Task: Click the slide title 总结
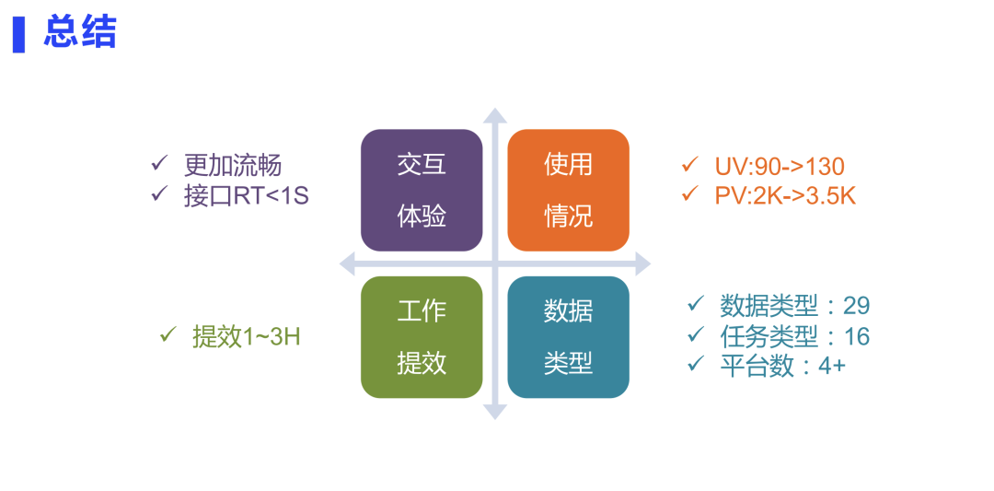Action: point(80,32)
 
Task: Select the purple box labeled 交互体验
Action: point(422,190)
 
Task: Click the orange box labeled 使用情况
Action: point(568,190)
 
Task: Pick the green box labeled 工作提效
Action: point(422,337)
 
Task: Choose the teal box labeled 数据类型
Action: point(568,337)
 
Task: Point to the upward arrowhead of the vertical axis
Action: point(495,115)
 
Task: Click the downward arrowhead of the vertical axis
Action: point(495,412)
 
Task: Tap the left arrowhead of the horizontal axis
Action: point(348,264)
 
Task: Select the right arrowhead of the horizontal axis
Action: point(642,264)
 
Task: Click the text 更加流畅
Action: point(233,166)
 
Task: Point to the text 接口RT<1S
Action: point(246,195)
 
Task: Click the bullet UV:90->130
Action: point(779,167)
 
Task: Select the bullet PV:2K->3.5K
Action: point(785,195)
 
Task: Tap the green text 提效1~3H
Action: point(246,336)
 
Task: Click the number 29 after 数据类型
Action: point(856,306)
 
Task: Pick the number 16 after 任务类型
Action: point(856,336)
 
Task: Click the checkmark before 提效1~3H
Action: point(168,334)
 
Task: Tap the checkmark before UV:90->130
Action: point(689,165)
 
